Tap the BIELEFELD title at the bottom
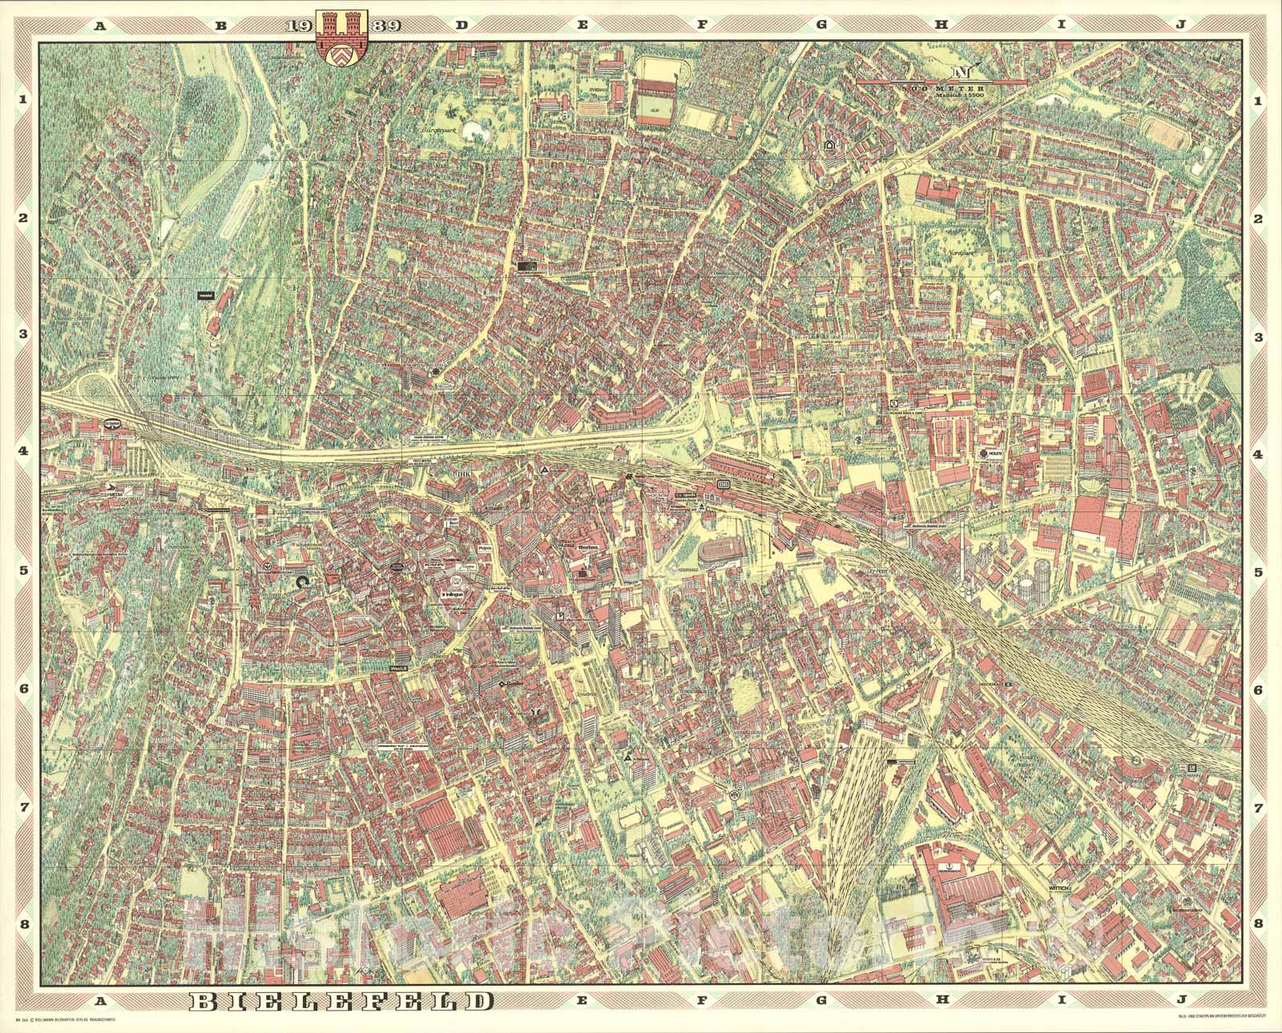[341, 1001]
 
